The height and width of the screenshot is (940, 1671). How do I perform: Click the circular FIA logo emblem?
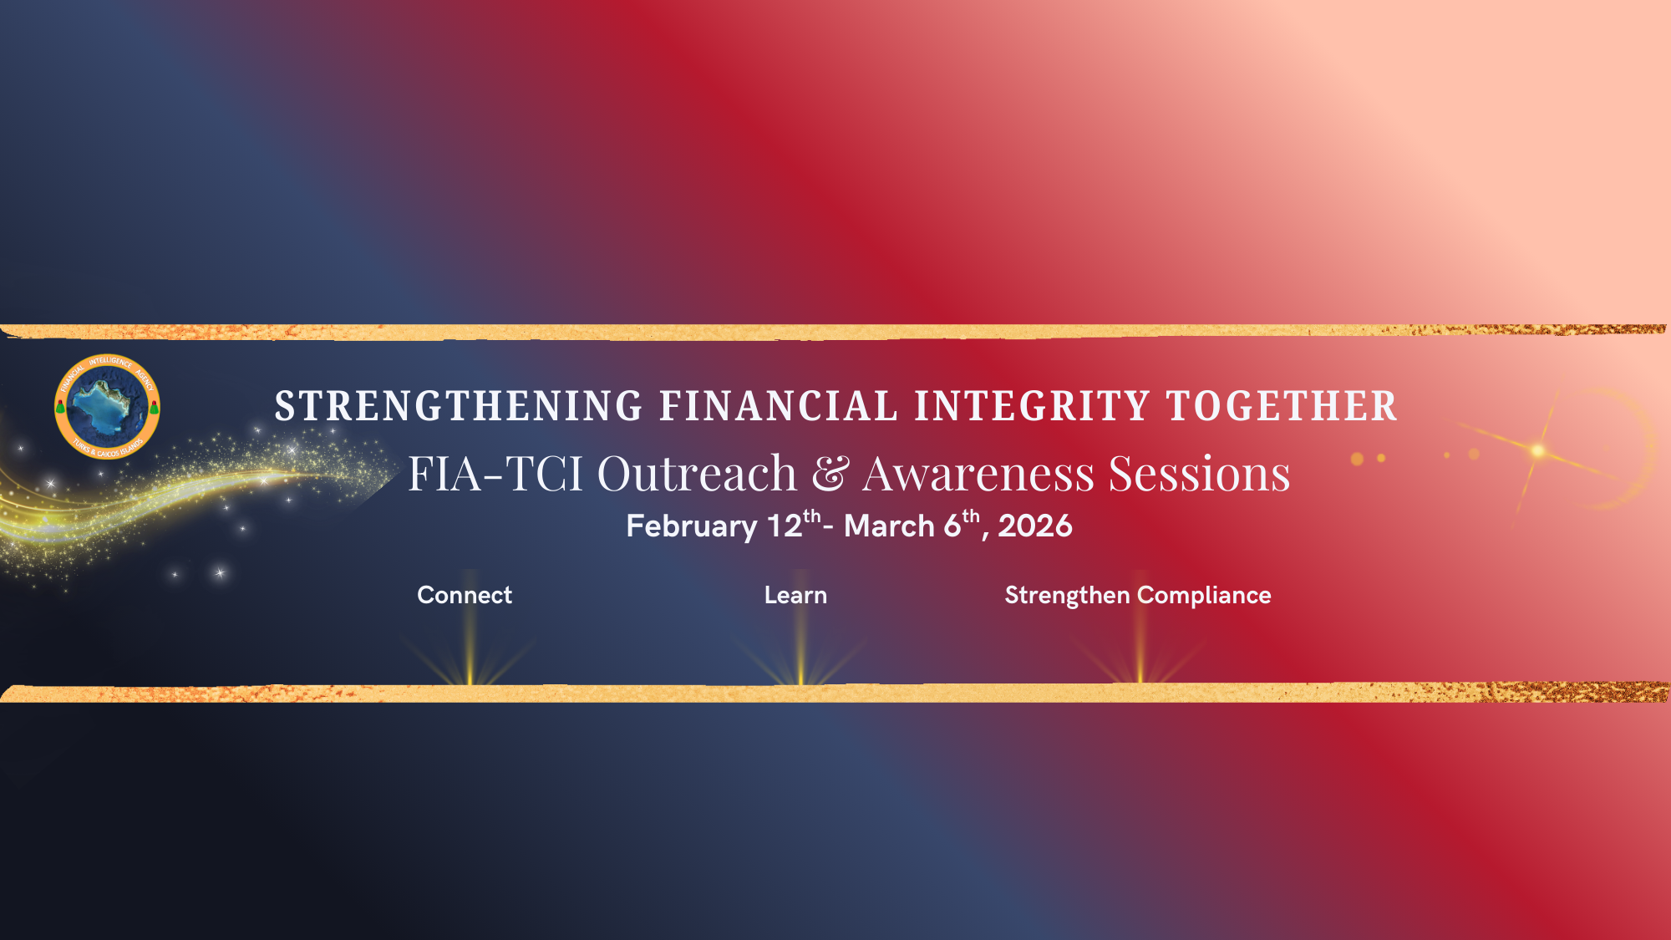[x=107, y=407]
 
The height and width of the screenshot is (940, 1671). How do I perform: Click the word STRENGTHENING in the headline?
[x=459, y=406]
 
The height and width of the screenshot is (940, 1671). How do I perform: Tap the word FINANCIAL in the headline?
[x=779, y=406]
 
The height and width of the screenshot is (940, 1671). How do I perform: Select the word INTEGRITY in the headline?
[x=1033, y=406]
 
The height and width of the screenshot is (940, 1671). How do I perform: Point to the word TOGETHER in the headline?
[x=1282, y=406]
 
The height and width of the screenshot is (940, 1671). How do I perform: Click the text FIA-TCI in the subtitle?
[x=495, y=474]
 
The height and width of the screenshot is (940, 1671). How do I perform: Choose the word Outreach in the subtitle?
[x=698, y=474]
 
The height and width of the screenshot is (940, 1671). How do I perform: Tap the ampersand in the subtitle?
[x=830, y=474]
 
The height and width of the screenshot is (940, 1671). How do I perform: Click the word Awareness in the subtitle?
[x=978, y=474]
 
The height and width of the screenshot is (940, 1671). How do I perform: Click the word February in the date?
[x=692, y=526]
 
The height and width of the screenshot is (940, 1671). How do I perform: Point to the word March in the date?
[x=889, y=526]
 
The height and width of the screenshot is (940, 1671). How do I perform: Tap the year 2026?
[x=1035, y=526]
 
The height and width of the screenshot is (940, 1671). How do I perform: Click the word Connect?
[x=465, y=595]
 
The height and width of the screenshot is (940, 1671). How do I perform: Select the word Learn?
[x=795, y=595]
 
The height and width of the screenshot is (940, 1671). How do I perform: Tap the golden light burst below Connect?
[x=470, y=643]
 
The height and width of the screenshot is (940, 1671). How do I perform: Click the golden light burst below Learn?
[x=801, y=643]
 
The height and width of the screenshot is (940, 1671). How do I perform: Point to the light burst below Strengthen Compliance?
[x=1140, y=643]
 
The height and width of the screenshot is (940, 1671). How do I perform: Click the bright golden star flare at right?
[x=1537, y=451]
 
